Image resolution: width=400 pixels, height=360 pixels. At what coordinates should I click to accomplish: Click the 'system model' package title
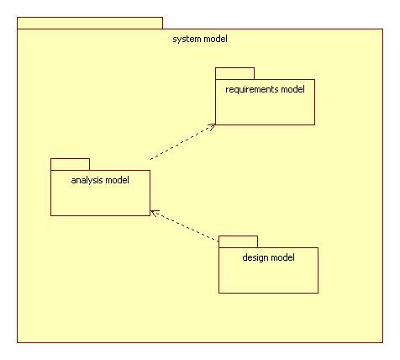pos(200,39)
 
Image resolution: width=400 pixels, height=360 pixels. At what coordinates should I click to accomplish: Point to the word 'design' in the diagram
pos(253,257)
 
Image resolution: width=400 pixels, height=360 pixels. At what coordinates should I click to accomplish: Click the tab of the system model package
pos(90,23)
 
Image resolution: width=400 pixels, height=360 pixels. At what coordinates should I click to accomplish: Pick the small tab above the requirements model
pos(234,73)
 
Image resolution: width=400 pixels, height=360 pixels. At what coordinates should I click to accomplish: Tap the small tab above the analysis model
pos(70,164)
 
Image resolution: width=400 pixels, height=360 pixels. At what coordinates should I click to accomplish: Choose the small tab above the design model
pos(238,241)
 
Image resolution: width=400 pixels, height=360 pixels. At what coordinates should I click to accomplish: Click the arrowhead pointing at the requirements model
pos(212,126)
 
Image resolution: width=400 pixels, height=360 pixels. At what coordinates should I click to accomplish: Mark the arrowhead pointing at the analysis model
pos(154,213)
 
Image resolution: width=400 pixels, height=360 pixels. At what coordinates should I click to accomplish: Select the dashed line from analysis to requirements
pos(183,142)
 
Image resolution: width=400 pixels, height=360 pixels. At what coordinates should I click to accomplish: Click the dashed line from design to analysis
pos(184,225)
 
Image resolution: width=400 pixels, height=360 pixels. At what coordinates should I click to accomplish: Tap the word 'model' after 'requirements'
pos(292,89)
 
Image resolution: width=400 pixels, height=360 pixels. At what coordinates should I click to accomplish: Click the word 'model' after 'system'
pos(215,39)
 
